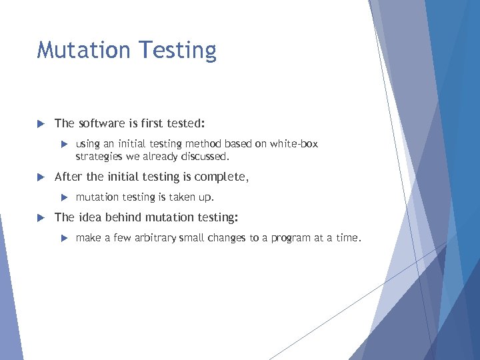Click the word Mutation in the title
click(x=79, y=51)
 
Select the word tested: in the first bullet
click(x=186, y=123)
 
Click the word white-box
click(x=293, y=144)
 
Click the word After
click(x=68, y=177)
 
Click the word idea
click(x=91, y=217)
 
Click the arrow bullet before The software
click(x=40, y=123)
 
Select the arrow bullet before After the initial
click(x=40, y=177)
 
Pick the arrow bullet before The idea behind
click(x=40, y=217)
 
